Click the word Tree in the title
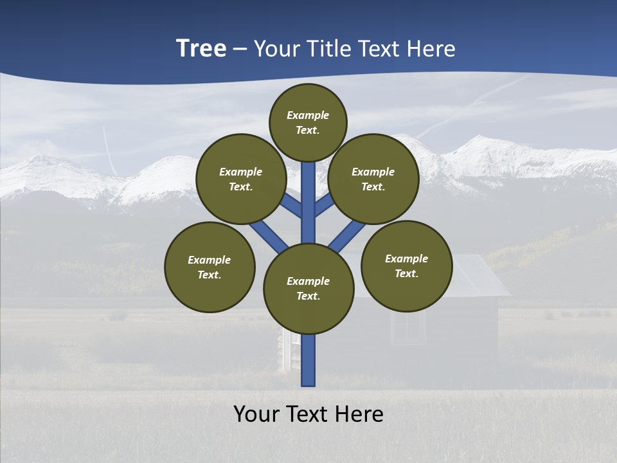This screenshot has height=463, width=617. pyautogui.click(x=201, y=49)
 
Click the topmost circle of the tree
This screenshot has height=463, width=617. pyautogui.click(x=308, y=122)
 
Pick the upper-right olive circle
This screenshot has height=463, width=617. pyautogui.click(x=373, y=179)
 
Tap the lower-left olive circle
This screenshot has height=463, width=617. pyautogui.click(x=210, y=267)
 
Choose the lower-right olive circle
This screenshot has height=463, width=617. pyautogui.click(x=406, y=266)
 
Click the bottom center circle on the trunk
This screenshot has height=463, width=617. pyautogui.click(x=308, y=288)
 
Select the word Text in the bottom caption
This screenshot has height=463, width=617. pyautogui.click(x=308, y=414)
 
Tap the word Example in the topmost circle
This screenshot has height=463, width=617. pyautogui.click(x=308, y=116)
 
